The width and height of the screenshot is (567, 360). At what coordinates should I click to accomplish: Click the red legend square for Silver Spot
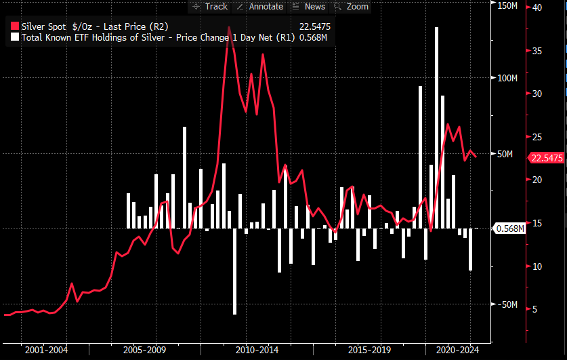point(16,26)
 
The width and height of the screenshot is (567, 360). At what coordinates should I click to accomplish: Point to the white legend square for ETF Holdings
point(16,37)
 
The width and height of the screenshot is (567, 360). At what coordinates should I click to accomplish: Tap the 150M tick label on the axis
point(507,5)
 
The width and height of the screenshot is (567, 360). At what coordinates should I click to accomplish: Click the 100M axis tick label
point(507,79)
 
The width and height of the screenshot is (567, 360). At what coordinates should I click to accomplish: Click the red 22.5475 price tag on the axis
point(546,158)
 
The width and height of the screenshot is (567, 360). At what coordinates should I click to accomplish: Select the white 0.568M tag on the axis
point(510,228)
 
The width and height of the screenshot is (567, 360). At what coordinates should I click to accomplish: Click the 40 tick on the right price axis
point(537,7)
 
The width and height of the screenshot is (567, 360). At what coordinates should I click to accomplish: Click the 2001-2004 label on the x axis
point(46,350)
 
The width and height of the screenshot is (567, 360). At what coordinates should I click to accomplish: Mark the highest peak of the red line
point(229,28)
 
